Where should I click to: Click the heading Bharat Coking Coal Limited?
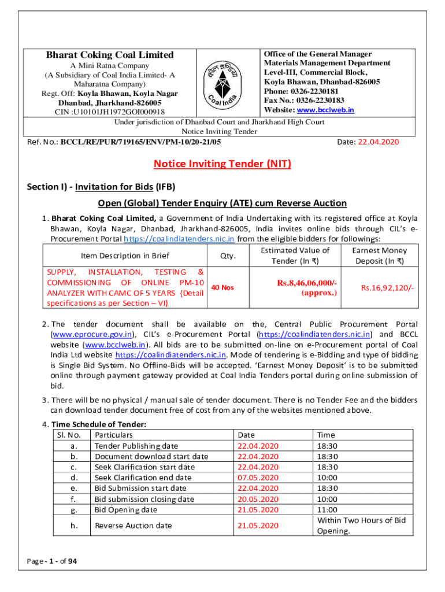(x=110, y=55)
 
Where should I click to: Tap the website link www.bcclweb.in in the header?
(x=325, y=110)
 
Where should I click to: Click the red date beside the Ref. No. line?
(x=379, y=142)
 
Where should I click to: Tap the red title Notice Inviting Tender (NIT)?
(x=222, y=164)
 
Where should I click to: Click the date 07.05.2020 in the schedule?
(x=258, y=478)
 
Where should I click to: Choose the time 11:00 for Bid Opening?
(x=327, y=510)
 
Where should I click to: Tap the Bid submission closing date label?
(x=144, y=499)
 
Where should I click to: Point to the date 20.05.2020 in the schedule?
(x=258, y=499)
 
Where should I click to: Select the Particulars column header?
(x=114, y=435)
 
